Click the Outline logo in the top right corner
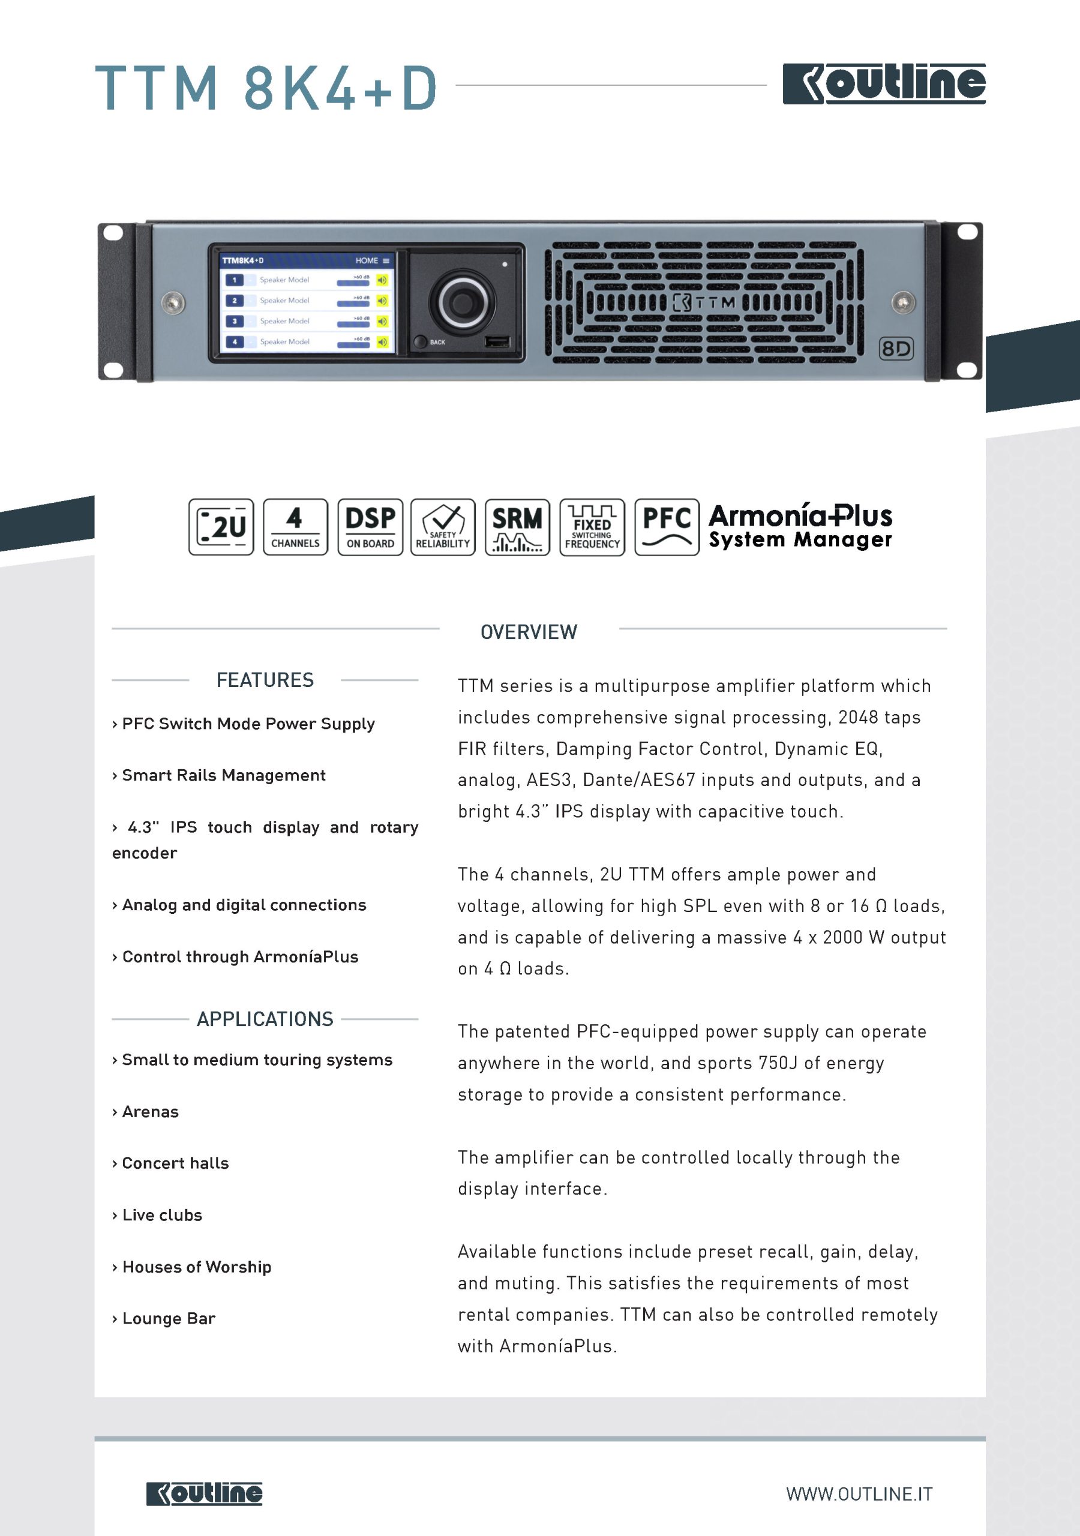click(883, 83)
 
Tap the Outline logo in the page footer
click(204, 1493)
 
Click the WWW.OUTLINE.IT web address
click(859, 1494)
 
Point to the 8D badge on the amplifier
click(895, 349)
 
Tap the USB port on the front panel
click(497, 342)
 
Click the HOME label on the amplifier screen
click(367, 260)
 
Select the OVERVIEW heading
click(529, 632)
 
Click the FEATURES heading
click(265, 680)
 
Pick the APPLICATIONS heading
click(265, 1019)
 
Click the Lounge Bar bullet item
click(168, 1318)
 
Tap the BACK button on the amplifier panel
click(421, 342)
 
